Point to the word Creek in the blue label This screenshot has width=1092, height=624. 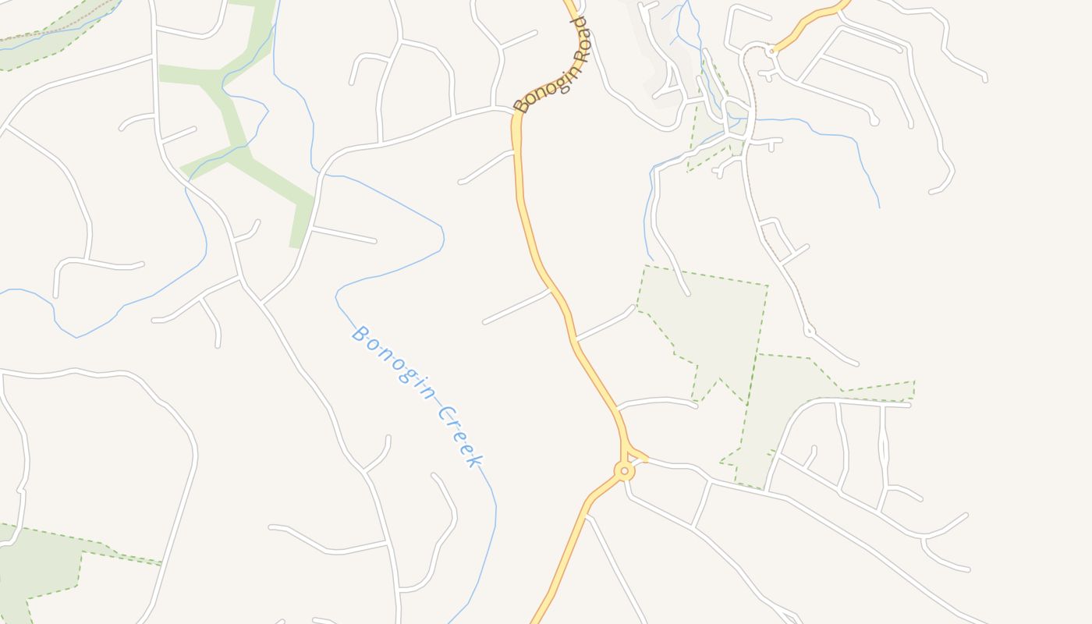point(459,437)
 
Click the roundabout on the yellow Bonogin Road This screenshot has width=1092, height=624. point(624,471)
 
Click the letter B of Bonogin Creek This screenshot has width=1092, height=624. point(360,334)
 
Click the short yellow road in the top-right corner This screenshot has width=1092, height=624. point(811,19)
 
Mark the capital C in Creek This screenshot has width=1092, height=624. point(443,414)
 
